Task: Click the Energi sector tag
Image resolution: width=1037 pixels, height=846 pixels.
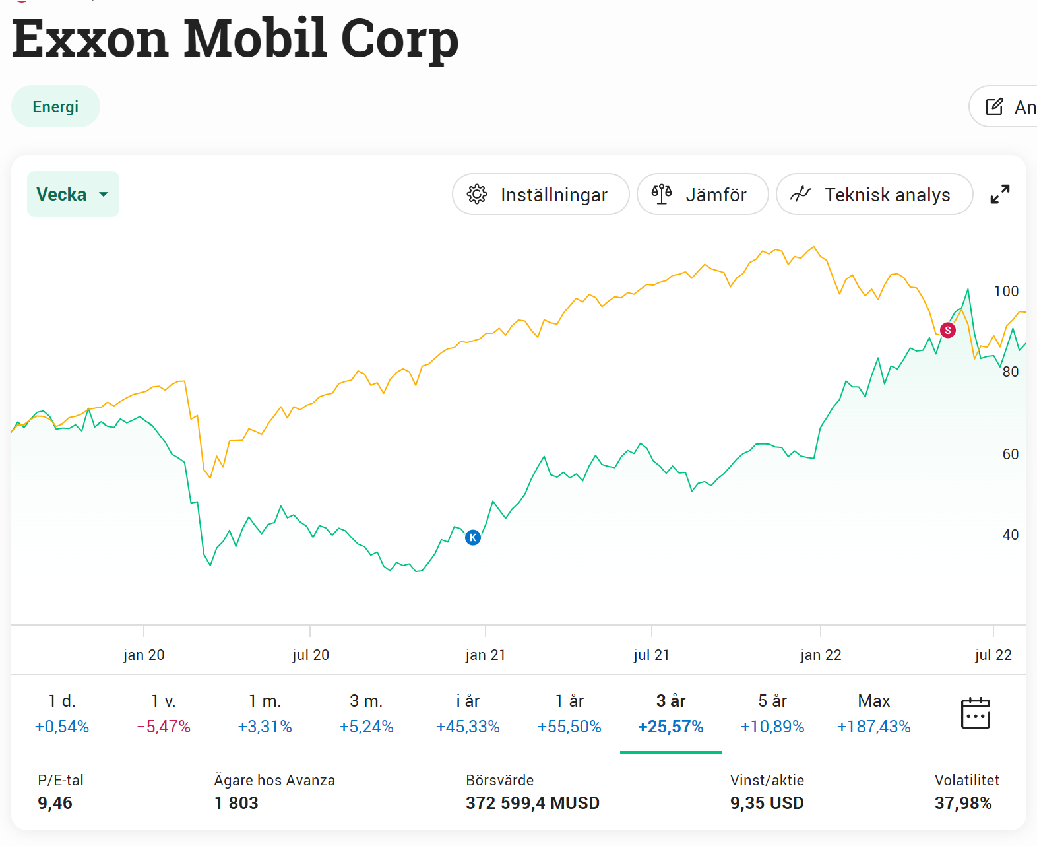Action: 55,107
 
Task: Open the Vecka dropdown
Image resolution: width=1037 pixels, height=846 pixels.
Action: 73,194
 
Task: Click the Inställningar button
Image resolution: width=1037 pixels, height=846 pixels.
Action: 540,195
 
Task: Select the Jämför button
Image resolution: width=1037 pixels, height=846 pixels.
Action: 702,195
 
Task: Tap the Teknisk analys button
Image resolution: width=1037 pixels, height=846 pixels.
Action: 873,195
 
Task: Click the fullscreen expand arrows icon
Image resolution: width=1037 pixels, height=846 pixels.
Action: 999,194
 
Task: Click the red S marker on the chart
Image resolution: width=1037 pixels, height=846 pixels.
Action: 947,330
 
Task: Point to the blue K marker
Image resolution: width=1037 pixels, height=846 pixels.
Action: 473,537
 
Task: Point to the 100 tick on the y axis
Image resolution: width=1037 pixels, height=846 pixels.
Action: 1006,291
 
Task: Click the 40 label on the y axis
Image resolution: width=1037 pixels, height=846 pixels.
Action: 1010,535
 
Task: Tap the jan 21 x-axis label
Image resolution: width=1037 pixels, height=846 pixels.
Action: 485,655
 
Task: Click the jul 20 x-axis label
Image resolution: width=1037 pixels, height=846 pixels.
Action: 310,655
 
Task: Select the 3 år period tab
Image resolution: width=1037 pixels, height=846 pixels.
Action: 670,713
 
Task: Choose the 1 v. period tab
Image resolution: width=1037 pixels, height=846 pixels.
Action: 163,713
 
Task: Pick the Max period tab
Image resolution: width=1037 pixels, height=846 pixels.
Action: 873,713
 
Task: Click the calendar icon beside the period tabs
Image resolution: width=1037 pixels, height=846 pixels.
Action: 975,713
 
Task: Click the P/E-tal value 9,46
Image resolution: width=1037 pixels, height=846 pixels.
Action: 55,803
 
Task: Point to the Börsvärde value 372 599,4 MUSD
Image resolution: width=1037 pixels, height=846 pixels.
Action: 532,803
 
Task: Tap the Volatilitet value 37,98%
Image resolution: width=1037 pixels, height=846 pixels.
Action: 962,803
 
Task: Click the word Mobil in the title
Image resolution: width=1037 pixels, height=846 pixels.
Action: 255,38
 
